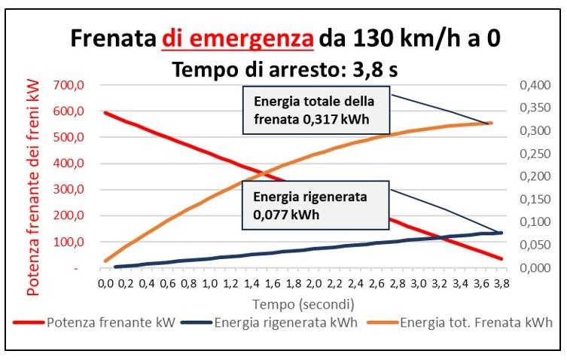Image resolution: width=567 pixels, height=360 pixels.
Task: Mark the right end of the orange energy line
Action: [x=490, y=123]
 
